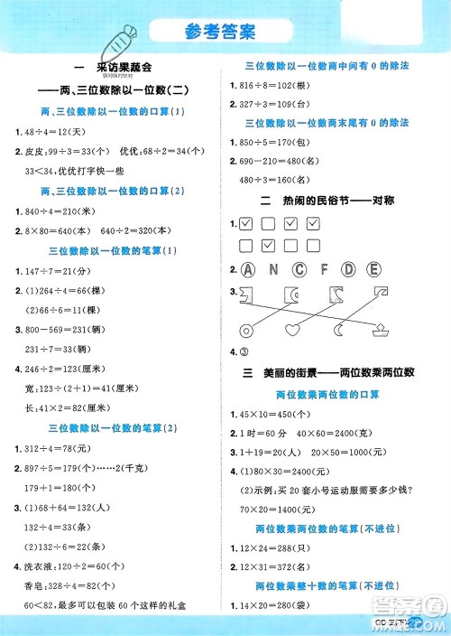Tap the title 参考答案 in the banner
pyautogui.click(x=225, y=32)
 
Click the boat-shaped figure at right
pyautogui.click(x=381, y=329)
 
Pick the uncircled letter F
pyautogui.click(x=325, y=268)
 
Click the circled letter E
pyautogui.click(x=373, y=268)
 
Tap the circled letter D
pyautogui.click(x=349, y=268)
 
